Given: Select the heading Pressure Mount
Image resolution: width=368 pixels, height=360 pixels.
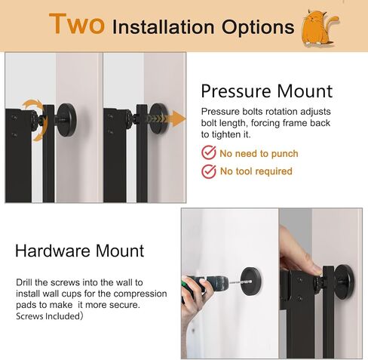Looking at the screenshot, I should (266, 91).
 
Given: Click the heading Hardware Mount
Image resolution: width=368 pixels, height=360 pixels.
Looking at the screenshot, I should (79, 251).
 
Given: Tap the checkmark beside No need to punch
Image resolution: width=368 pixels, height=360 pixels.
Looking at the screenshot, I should (209, 153).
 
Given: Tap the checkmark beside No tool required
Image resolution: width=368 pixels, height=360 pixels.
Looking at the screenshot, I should (209, 171).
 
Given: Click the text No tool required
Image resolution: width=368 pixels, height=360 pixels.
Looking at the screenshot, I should (256, 171).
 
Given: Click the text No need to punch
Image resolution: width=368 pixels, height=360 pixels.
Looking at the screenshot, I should (259, 153).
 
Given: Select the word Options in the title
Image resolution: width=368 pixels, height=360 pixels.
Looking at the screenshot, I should (249, 28).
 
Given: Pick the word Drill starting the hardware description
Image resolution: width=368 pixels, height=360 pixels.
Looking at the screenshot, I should (24, 282).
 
